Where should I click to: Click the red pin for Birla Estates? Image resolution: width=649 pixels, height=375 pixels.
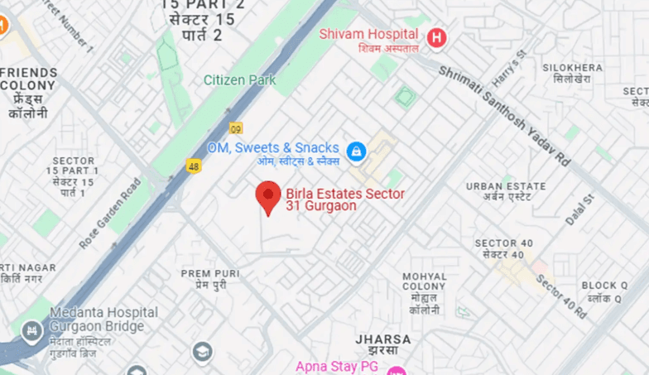click(x=267, y=196)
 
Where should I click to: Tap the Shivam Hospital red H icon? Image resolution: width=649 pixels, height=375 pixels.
click(x=436, y=36)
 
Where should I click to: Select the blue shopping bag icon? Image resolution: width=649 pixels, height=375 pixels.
click(x=356, y=151)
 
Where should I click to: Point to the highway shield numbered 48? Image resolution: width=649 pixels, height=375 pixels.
click(x=194, y=166)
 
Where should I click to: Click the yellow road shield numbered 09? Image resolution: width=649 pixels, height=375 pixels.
click(x=237, y=128)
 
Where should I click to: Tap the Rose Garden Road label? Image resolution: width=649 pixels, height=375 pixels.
click(x=110, y=213)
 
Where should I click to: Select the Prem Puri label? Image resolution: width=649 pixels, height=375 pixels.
click(x=211, y=278)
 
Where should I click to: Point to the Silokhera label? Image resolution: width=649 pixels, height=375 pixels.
click(x=567, y=72)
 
